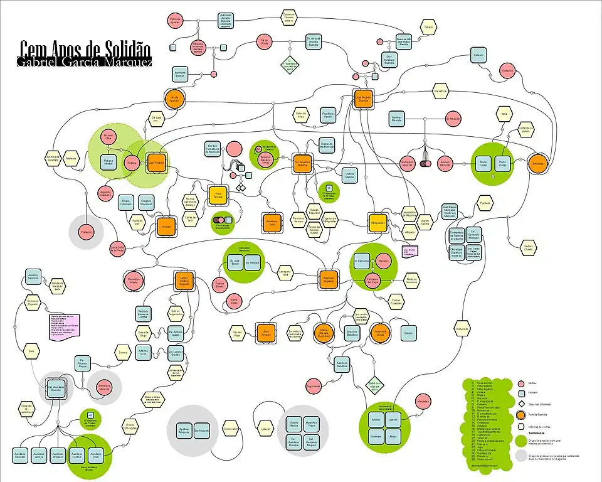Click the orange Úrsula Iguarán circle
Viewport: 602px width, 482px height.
[x=175, y=100]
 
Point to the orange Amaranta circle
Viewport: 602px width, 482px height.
[x=537, y=163]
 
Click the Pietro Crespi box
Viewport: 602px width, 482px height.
[x=502, y=163]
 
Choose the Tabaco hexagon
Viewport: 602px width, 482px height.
[x=428, y=28]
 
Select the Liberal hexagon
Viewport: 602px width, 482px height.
[x=264, y=429]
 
